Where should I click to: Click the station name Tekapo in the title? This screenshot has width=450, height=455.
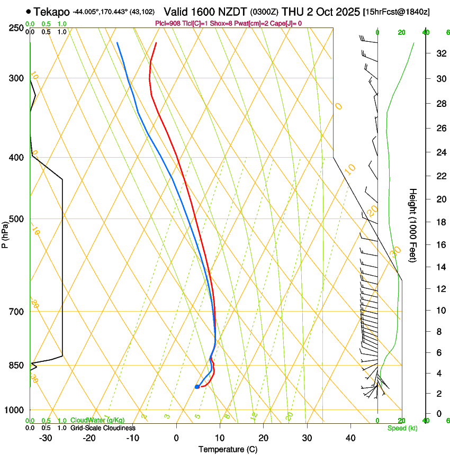[52, 11]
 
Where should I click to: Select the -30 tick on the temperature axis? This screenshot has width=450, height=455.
[46, 438]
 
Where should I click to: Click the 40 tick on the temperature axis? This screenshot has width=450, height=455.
[350, 438]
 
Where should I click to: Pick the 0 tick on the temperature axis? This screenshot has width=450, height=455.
[176, 438]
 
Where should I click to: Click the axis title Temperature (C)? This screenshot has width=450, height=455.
[228, 449]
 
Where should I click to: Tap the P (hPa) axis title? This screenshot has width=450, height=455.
[5, 232]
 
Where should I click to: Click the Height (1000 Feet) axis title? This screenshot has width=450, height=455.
[413, 225]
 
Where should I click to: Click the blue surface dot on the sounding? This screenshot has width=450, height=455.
[197, 387]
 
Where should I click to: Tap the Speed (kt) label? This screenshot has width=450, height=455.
[402, 428]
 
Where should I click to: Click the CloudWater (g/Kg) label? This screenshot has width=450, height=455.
[97, 421]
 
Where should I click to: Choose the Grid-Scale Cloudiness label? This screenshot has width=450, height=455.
[103, 428]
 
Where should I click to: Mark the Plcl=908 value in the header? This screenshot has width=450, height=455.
[168, 23]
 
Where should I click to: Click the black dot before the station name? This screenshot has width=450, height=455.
[28, 11]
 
